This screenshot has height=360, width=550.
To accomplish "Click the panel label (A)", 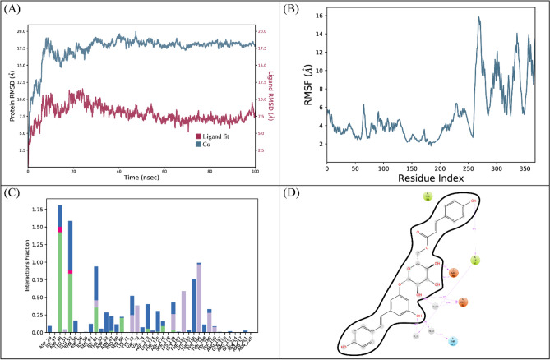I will (x=14, y=12).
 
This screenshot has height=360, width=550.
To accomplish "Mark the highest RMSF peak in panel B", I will (x=478, y=17).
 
